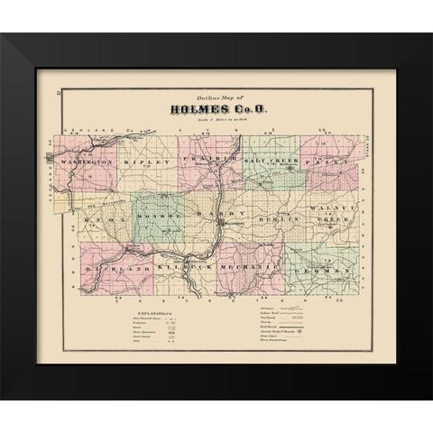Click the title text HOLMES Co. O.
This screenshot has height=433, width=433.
pyautogui.click(x=217, y=110)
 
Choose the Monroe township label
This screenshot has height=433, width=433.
pyautogui.click(x=157, y=216)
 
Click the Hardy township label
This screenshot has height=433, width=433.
pyautogui.click(x=217, y=216)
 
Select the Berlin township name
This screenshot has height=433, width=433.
pyautogui.click(x=274, y=217)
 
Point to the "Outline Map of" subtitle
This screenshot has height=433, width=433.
pyautogui.click(x=216, y=97)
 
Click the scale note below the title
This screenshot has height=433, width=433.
pyautogui.click(x=217, y=122)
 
